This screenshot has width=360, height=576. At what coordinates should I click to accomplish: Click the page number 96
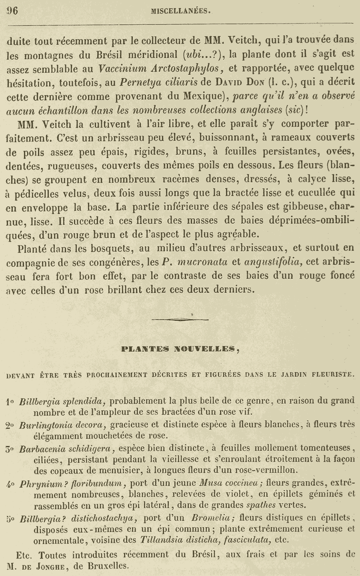12,11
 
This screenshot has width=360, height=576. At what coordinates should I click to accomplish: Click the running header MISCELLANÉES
181,12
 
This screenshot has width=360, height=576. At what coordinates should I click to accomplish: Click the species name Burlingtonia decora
62,425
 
